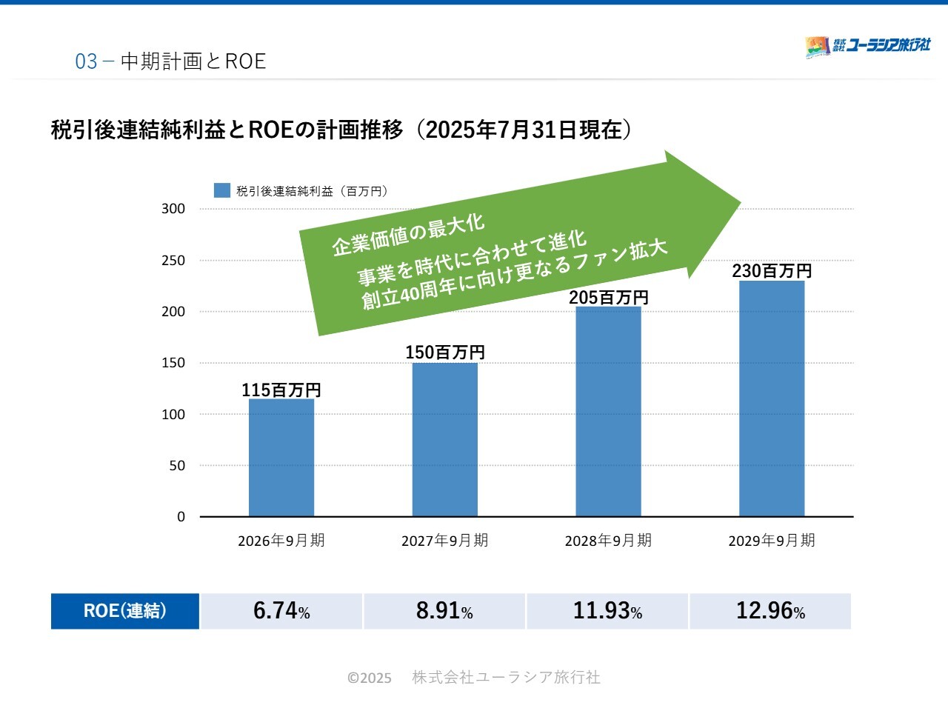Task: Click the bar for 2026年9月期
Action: [x=281, y=458]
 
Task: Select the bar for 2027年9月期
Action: [x=445, y=440]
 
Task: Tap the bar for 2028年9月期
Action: [x=609, y=412]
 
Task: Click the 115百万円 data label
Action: [x=281, y=390]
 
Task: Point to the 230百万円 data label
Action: [x=772, y=271]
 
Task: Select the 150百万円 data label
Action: [x=445, y=353]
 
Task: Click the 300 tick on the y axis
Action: [x=173, y=209]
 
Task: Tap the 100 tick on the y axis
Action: [x=173, y=415]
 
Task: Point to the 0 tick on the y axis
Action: [x=181, y=517]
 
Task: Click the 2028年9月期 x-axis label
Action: [x=609, y=541]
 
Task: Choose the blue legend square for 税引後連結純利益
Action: [x=222, y=190]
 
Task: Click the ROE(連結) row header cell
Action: [x=125, y=611]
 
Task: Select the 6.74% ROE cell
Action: [x=281, y=611]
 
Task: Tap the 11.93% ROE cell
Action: [x=607, y=611]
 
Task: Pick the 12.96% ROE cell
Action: [x=770, y=611]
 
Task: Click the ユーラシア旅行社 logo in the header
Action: [x=868, y=46]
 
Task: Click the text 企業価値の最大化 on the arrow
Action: [x=408, y=233]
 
